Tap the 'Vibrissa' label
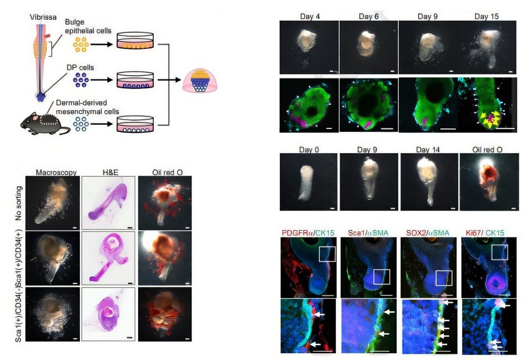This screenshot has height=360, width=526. click(43, 17)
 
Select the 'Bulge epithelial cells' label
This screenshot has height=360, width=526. click(88, 26)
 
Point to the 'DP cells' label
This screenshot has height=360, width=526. click(80, 67)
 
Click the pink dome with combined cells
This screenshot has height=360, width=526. click(200, 80)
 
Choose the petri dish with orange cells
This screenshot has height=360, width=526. click(135, 41)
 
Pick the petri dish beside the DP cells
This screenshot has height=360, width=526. click(135, 80)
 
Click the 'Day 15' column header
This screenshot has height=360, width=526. click(487, 16)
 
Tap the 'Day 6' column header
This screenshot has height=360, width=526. click(368, 16)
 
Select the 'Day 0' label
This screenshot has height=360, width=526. click(309, 149)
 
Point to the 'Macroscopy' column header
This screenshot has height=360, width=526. click(56, 172)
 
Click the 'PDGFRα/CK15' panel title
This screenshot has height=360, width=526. click(308, 233)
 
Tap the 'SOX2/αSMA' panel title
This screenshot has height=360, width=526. click(428, 233)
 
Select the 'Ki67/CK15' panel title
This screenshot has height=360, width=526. click(485, 233)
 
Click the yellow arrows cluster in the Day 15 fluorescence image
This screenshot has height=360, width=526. click(490, 120)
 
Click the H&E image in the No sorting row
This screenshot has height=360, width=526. click(108, 203)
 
